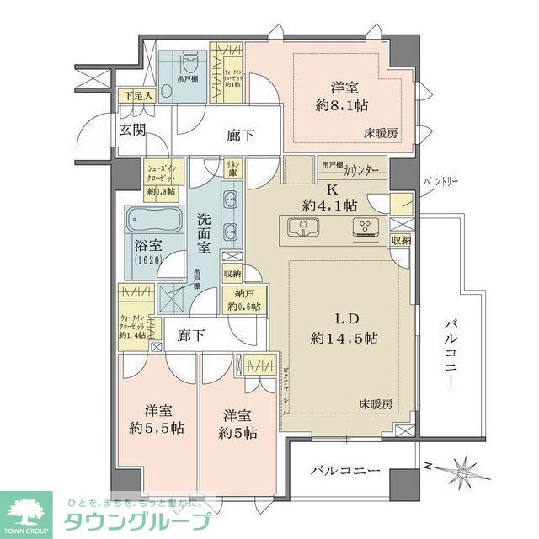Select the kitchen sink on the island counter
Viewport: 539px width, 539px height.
[302, 227]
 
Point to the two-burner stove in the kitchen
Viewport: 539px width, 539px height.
[368, 227]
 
